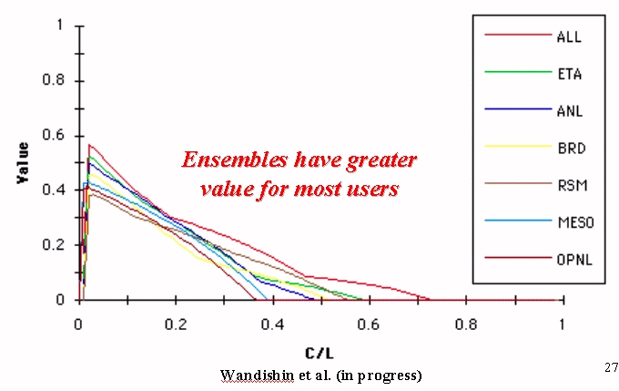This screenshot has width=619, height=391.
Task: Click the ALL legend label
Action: [x=569, y=36]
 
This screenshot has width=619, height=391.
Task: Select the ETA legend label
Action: [x=569, y=74]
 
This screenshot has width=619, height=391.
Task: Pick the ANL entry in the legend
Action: [x=570, y=111]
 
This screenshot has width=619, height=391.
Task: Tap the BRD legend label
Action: [x=572, y=149]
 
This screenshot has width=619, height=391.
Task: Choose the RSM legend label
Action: [x=573, y=185]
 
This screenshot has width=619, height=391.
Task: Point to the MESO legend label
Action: [x=575, y=222]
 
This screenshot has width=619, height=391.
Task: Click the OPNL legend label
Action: [x=574, y=260]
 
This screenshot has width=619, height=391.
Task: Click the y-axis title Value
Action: [x=23, y=163]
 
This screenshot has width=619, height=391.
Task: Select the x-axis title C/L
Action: [x=320, y=353]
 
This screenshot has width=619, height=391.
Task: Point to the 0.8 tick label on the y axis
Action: [x=54, y=80]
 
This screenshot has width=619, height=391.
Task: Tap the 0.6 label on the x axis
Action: [x=369, y=325]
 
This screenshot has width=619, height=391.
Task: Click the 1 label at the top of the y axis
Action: [x=60, y=25]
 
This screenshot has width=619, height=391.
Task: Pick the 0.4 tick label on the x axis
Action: [x=272, y=325]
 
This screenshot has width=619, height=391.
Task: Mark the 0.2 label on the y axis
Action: [x=54, y=245]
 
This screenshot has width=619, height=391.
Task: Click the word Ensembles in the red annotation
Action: [x=235, y=160]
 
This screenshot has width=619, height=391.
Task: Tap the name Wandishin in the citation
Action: [x=257, y=375]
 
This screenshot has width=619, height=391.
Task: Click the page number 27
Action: [x=611, y=367]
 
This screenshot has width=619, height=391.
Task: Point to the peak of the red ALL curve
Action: [x=89, y=145]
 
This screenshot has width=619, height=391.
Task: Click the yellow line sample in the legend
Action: [x=518, y=146]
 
